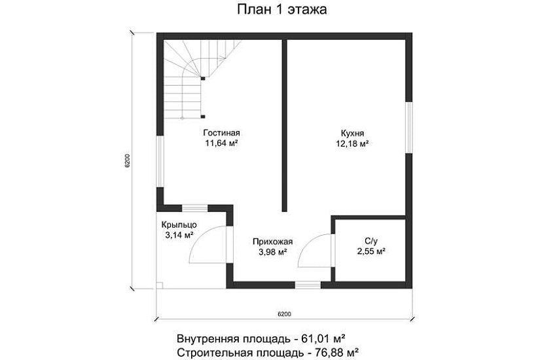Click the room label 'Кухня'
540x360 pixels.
tap(352, 131)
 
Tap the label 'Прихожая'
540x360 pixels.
tap(272, 241)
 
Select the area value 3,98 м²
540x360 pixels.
tap(272, 251)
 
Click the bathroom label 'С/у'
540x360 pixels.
tap(370, 240)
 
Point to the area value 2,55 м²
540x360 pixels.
tap(370, 251)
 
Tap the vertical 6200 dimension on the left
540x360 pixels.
tap(128, 161)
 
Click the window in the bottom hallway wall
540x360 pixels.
tap(308, 285)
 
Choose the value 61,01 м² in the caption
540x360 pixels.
tap(323, 339)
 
